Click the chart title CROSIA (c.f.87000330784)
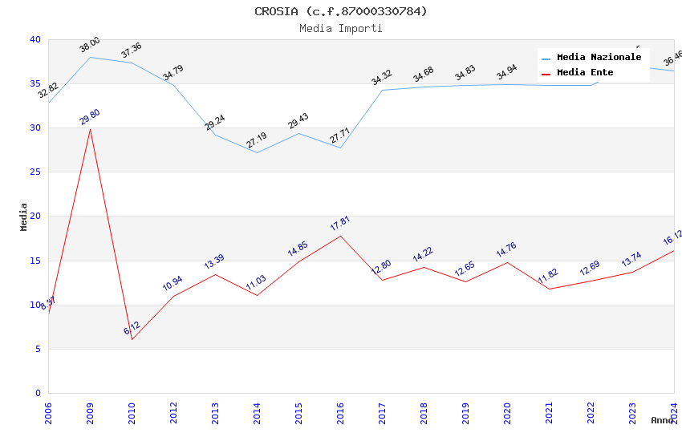(341, 11)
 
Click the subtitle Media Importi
(341, 28)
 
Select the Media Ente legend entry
(585, 73)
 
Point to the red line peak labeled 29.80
(90, 129)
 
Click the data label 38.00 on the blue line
(90, 44)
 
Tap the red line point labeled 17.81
(340, 236)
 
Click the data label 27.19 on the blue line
(257, 140)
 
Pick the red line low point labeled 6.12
(132, 339)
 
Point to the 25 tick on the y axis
(35, 172)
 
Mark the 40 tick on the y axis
(35, 39)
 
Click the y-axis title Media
(24, 216)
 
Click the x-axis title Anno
(662, 420)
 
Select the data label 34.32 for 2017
(382, 78)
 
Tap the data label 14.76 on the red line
(507, 250)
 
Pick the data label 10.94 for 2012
(173, 283)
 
